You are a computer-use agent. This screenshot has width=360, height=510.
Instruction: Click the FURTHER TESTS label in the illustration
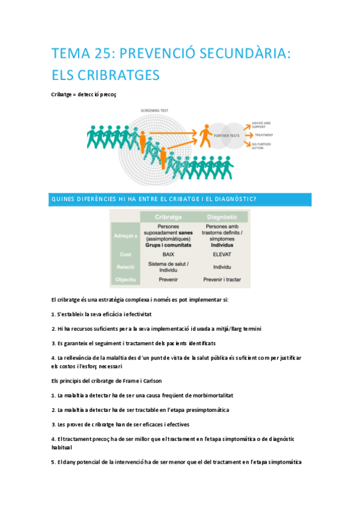[231, 136]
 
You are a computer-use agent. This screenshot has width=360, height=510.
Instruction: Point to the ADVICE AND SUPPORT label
[263, 123]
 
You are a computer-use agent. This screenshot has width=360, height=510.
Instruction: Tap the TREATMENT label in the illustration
[264, 135]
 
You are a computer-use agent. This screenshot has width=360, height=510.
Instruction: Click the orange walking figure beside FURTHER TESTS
[206, 136]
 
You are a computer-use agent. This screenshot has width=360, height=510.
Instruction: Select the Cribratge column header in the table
[168, 217]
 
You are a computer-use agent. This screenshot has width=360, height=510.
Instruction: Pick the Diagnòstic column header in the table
[222, 217]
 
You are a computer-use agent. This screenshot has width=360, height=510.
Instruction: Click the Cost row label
[126, 254]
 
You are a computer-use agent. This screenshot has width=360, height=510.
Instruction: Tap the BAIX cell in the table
[168, 254]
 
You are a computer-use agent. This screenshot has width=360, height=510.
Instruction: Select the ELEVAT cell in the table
[222, 254]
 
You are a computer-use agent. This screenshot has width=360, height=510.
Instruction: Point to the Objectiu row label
[126, 280]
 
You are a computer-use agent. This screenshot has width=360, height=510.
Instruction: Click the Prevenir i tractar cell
[222, 280]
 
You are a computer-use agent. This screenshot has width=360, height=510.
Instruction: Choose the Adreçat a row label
[126, 236]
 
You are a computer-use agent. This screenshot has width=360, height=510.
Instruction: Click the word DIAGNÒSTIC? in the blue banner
[234, 200]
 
